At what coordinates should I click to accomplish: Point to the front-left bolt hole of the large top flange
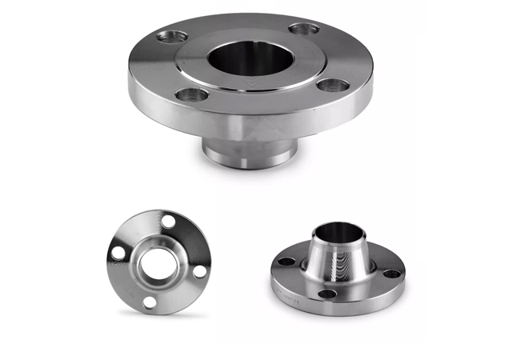coord(191,95)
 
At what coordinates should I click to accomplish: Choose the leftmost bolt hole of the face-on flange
coord(118,253)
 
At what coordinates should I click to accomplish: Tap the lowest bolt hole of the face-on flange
coord(149,301)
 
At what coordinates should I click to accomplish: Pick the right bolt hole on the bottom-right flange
coord(392,273)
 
